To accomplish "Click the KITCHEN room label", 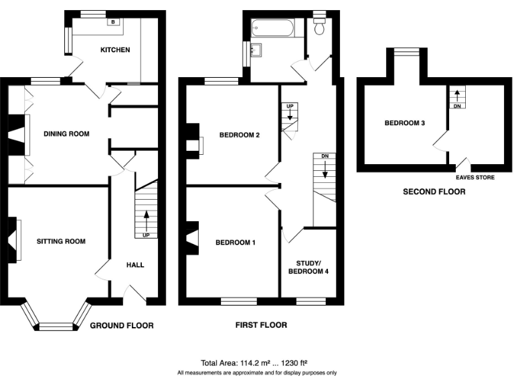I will coord(115,50).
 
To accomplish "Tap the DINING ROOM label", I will coord(66,134).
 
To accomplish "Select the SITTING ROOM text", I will coord(61,241).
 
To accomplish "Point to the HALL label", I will coord(135,265).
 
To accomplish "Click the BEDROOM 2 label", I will coord(239,135).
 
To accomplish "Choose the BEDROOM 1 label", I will coord(235,242).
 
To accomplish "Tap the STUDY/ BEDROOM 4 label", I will coord(308,267).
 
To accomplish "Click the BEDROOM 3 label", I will coord(404,123).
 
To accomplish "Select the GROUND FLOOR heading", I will coord(122,326).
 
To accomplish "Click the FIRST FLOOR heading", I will coord(261,325).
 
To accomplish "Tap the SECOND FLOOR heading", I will coord(434,192).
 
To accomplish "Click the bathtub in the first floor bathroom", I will coord(272,28).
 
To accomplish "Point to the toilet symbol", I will coord(319,25).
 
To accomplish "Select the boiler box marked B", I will coord(112,21).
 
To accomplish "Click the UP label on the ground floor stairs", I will coord(145,235).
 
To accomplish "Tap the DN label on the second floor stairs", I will coord(458,106).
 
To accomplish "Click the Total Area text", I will coord(256,363).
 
